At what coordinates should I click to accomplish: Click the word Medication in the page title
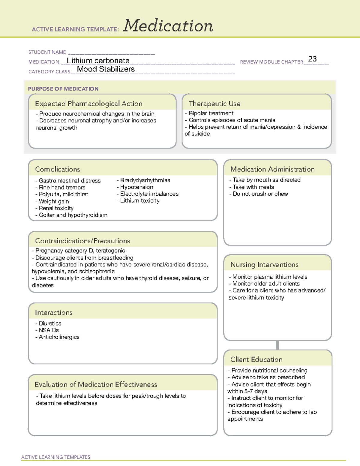168,26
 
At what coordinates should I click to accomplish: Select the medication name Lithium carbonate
98,61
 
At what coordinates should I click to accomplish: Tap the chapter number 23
312,59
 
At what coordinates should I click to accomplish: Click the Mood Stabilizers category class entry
106,69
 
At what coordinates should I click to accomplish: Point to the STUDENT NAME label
47,52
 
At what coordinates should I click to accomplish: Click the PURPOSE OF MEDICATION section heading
63,89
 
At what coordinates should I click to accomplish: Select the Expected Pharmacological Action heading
88,104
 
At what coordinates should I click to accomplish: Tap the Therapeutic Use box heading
214,104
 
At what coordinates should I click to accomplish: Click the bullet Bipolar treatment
209,113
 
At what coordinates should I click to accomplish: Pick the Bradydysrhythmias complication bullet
144,180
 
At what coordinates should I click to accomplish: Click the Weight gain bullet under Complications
52,201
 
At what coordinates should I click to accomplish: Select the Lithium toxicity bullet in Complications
138,201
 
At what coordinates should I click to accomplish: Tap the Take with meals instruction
252,187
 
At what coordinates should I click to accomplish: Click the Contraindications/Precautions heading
82,241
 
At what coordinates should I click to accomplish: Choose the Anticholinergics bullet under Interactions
58,337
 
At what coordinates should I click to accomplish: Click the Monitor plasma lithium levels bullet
268,277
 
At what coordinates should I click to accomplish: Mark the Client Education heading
256,359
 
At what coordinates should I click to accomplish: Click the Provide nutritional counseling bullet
268,371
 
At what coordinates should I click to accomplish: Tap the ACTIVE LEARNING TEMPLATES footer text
56,457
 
